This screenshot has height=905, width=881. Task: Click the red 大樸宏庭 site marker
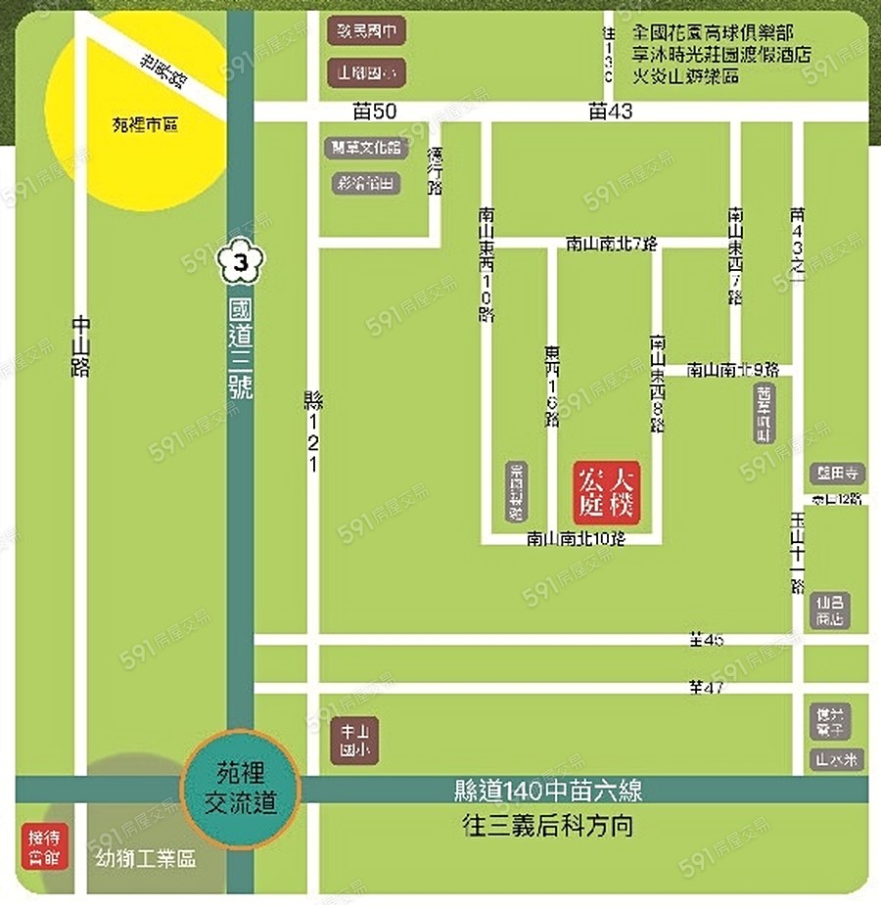[x=606, y=492]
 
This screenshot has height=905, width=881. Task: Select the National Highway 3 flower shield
[x=242, y=263]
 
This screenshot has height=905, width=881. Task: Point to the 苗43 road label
[x=610, y=112]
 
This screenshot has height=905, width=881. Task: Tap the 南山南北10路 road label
[x=576, y=538]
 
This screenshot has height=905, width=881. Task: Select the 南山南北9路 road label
[x=732, y=370]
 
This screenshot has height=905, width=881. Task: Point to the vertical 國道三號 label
[x=240, y=347]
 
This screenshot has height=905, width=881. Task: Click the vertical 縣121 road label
[x=313, y=431]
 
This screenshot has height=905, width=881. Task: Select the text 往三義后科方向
[x=547, y=825]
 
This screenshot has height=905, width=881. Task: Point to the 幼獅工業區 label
[x=146, y=859]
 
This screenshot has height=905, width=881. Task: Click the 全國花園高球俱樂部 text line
[x=726, y=32]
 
